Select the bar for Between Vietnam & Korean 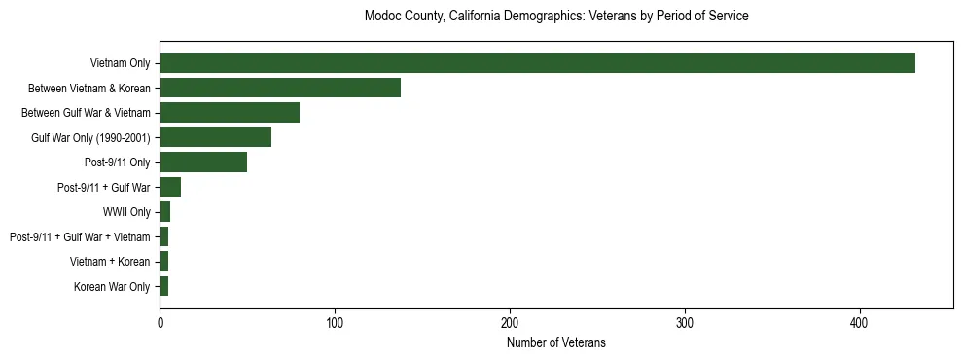280,88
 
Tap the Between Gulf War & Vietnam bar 230,113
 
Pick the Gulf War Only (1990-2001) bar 215,137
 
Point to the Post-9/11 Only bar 203,162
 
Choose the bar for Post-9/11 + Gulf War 170,187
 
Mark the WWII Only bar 165,212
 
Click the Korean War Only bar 164,286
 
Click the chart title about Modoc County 555,17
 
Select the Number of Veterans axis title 555,342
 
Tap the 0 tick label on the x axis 160,322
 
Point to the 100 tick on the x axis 335,322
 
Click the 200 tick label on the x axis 510,322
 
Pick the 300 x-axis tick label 685,322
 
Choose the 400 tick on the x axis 860,322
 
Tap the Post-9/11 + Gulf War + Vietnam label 80,237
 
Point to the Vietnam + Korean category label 110,262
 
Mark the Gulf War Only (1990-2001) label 90,138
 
